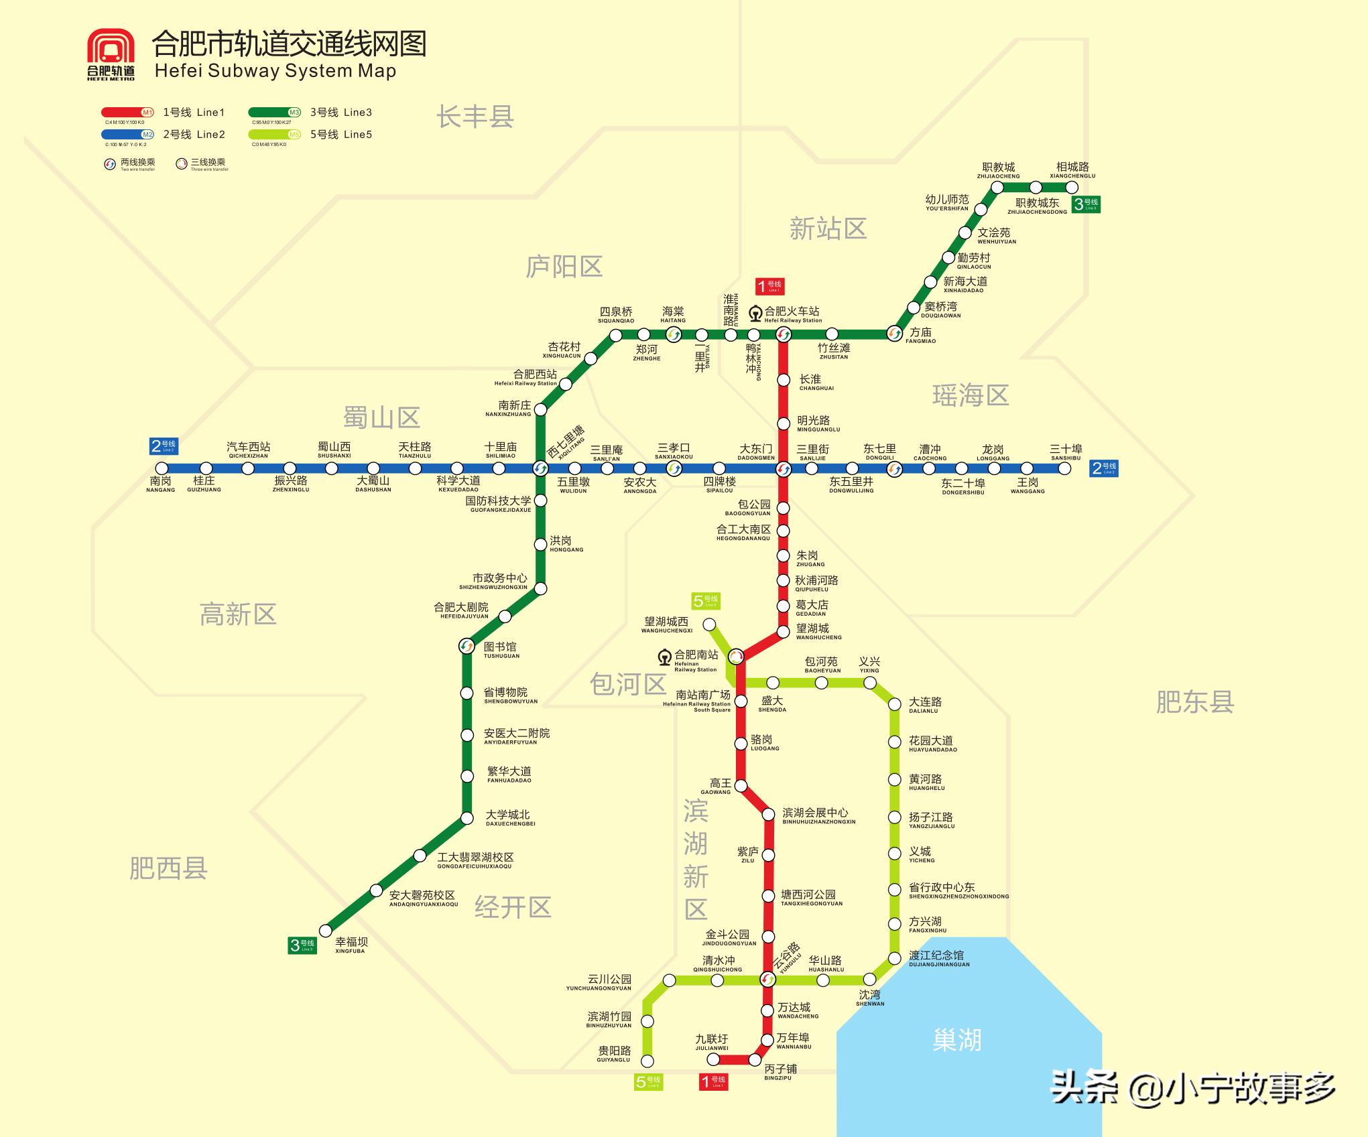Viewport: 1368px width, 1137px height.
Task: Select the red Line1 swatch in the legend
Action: point(127,113)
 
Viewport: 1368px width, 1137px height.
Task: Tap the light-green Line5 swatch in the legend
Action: point(274,135)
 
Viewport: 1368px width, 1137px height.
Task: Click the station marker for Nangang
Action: point(161,468)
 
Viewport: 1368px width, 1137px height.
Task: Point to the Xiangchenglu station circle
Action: point(1072,188)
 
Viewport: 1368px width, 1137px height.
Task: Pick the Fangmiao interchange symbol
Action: point(894,333)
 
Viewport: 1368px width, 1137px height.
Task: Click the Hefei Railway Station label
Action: point(792,312)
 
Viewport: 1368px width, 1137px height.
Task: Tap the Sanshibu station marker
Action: point(1064,468)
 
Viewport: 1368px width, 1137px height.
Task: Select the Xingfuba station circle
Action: point(326,931)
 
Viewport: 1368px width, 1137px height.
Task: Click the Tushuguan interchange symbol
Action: point(467,646)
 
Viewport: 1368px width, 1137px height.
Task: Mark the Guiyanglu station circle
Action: point(647,1061)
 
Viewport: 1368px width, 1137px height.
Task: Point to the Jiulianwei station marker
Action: point(714,1059)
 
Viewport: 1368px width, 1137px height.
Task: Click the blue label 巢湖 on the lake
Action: point(956,1040)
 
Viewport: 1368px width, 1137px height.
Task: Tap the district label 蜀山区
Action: point(381,417)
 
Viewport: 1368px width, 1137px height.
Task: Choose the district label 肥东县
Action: point(1194,701)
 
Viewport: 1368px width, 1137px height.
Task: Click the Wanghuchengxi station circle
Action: point(709,624)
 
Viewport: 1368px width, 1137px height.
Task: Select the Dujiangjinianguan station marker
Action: point(894,957)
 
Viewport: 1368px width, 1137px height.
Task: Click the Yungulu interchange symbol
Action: point(768,980)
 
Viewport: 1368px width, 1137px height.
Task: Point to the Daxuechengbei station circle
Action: point(467,818)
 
